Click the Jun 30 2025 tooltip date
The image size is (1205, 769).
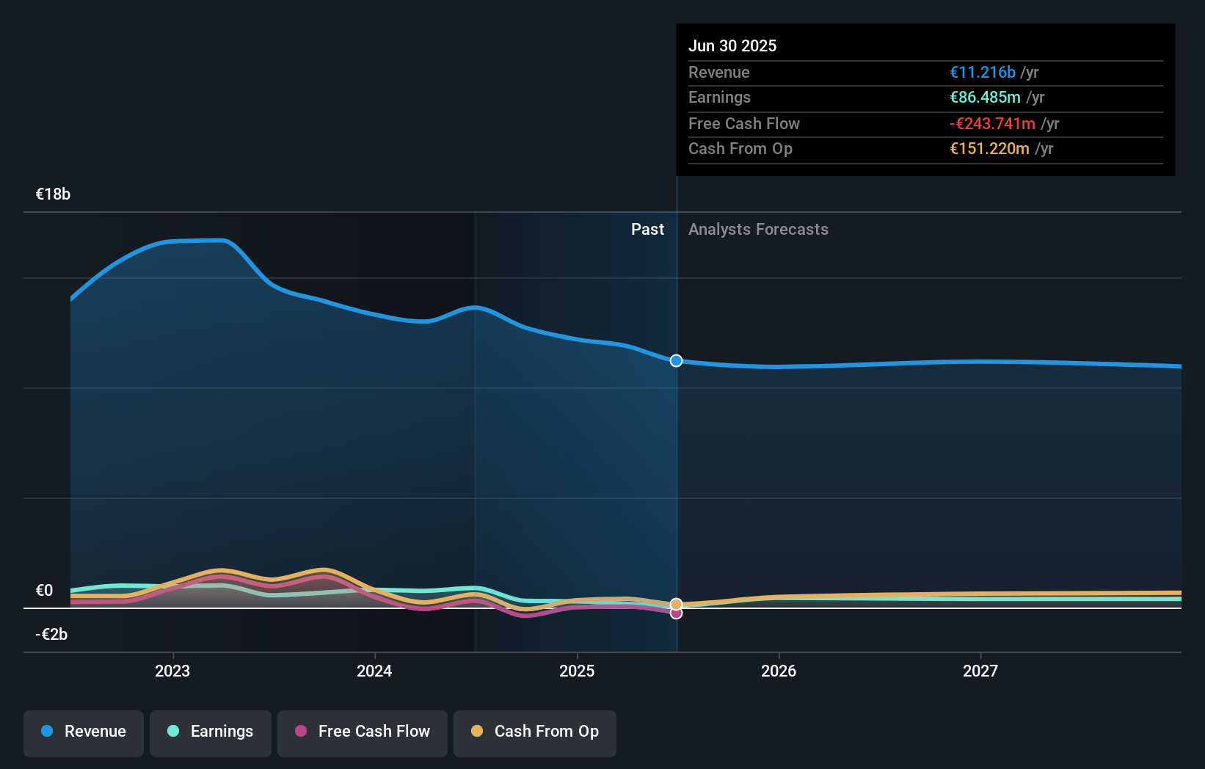click(x=732, y=45)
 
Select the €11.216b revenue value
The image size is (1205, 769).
click(x=982, y=72)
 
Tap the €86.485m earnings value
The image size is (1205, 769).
click(x=985, y=97)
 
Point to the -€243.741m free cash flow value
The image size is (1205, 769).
click(x=992, y=123)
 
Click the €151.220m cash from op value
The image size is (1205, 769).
click(x=989, y=148)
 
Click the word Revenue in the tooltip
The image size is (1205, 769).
click(x=718, y=72)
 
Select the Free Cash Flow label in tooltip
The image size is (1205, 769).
click(x=743, y=123)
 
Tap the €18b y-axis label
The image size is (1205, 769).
click(x=53, y=194)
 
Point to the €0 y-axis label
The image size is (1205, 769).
click(x=44, y=590)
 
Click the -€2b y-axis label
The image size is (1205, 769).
click(x=51, y=634)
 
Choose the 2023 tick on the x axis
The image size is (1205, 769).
click(x=172, y=671)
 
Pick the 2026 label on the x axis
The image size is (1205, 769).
click(x=778, y=671)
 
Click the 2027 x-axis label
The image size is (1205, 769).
click(x=980, y=671)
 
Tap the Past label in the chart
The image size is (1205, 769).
click(x=647, y=229)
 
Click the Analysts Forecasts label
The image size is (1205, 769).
click(x=758, y=229)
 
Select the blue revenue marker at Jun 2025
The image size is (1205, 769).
click(x=676, y=360)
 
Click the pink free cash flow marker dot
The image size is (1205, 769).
click(x=676, y=613)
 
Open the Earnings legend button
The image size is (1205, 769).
click(x=211, y=732)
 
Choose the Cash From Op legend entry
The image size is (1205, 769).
click(x=535, y=732)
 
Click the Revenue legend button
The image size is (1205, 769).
click(x=84, y=732)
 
